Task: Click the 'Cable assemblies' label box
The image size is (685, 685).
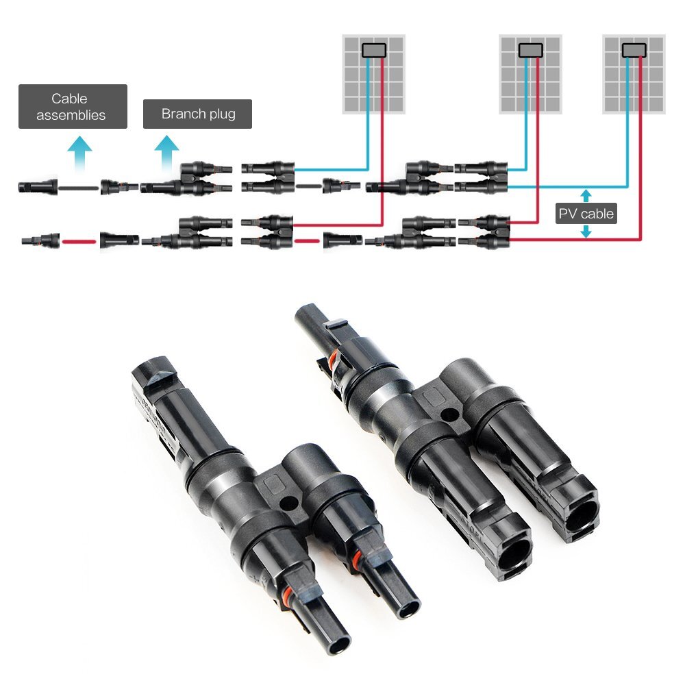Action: click(x=73, y=106)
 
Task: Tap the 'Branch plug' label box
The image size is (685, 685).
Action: click(x=197, y=114)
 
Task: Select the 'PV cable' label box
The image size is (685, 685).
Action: click(x=586, y=214)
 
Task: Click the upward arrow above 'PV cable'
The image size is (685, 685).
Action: click(x=586, y=195)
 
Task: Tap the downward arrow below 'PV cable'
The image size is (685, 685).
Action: click(x=586, y=233)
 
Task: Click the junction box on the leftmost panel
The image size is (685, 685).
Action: click(x=374, y=50)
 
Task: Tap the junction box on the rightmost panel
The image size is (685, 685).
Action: click(x=634, y=50)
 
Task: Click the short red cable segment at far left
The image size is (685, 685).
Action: click(x=78, y=240)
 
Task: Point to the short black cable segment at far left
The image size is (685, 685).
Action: click(x=78, y=186)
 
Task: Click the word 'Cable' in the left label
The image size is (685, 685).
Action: click(x=69, y=99)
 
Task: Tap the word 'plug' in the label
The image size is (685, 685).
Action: click(x=220, y=114)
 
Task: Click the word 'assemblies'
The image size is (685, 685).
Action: click(x=71, y=115)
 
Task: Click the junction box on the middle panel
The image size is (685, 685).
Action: click(x=531, y=50)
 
